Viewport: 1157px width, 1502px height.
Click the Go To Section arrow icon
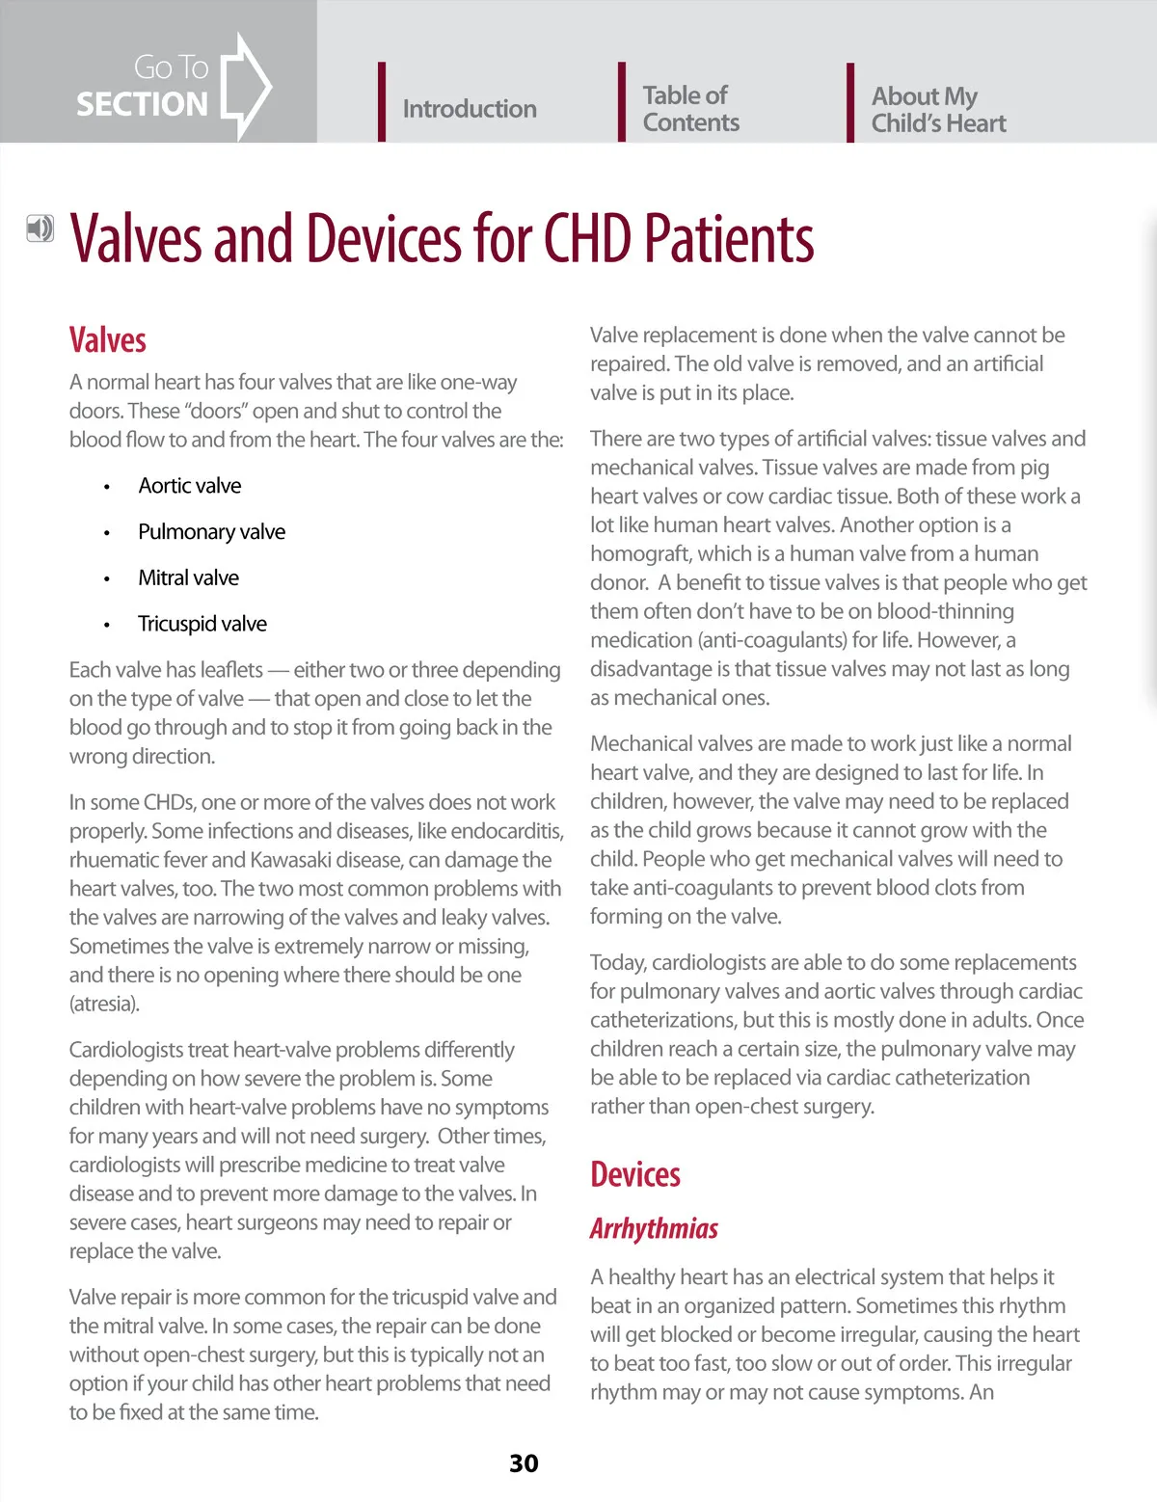point(245,86)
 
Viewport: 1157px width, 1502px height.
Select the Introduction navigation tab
point(469,109)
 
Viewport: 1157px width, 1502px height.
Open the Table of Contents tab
point(690,109)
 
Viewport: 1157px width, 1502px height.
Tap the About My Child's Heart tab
point(938,110)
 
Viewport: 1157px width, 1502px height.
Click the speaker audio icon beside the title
point(40,228)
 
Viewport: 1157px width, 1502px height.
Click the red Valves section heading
point(107,340)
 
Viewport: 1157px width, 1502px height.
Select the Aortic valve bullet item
point(189,486)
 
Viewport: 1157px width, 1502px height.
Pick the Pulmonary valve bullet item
point(211,532)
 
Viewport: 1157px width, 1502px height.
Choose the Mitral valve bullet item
point(188,578)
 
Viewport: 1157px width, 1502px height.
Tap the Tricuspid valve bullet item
point(202,624)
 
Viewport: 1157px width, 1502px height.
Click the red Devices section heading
point(634,1174)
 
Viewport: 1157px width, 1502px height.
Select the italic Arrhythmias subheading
point(654,1228)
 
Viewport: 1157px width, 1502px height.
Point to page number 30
point(524,1463)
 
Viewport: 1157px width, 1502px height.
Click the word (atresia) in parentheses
point(104,1004)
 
